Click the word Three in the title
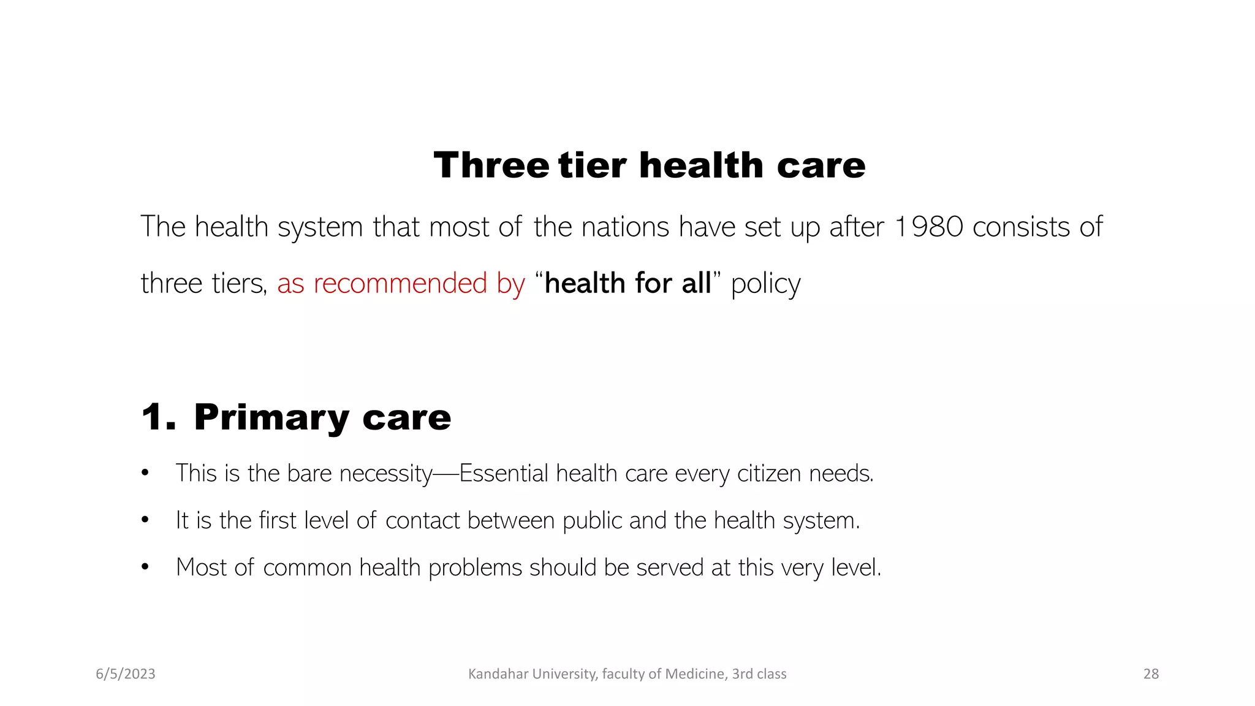coord(491,165)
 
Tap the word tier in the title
coord(593,165)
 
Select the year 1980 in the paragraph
coord(929,227)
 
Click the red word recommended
coord(401,283)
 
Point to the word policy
coord(765,284)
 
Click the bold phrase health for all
coord(627,283)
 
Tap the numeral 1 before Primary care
coord(153,417)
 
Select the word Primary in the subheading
coord(271,418)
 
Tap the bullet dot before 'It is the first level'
coord(145,520)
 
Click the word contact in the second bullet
coord(422,520)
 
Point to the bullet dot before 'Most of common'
coord(145,567)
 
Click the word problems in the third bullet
coord(475,567)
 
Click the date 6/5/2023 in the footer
coord(126,674)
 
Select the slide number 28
coord(1151,674)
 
